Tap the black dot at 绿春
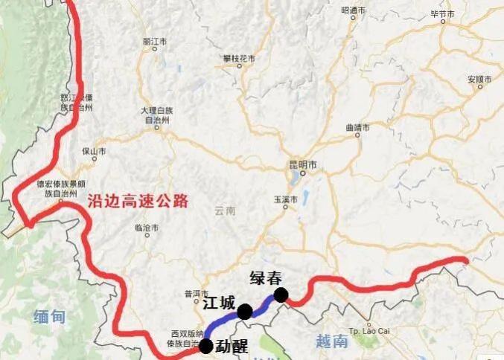pos(281,295)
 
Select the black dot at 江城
pos(244,311)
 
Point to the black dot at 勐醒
pos(205,344)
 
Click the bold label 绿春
pos(265,278)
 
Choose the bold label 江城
pos(218,303)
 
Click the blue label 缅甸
pos(49,317)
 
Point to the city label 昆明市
pos(303,164)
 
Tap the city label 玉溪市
pos(285,200)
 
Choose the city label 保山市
pos(93,150)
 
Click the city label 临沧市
pos(147,228)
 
